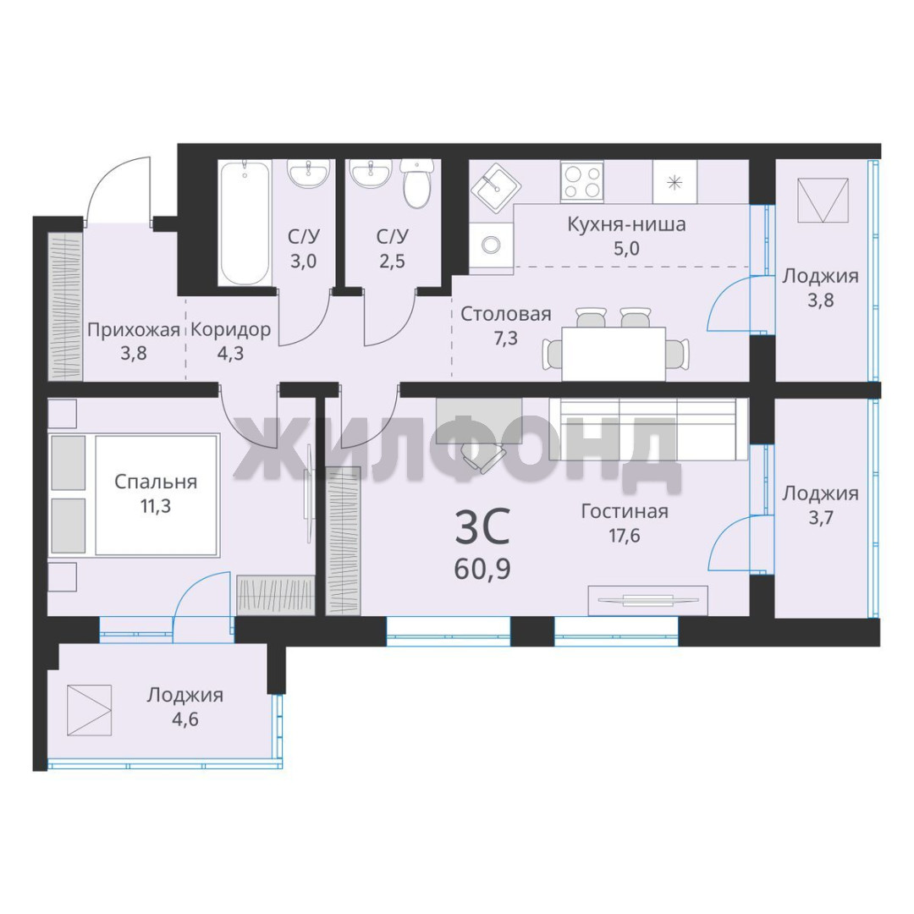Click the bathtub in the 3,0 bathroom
click(245, 223)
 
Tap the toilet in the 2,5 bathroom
click(416, 184)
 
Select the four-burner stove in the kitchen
click(581, 182)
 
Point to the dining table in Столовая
click(614, 353)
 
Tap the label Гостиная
click(625, 511)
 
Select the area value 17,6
click(625, 535)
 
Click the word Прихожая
click(134, 331)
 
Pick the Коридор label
click(231, 330)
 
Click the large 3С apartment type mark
click(482, 526)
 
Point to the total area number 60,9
click(482, 569)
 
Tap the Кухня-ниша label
click(626, 224)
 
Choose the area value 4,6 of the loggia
click(184, 719)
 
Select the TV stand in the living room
click(647, 600)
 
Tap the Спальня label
click(156, 482)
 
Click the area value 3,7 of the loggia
click(820, 518)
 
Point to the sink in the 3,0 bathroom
click(308, 173)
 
